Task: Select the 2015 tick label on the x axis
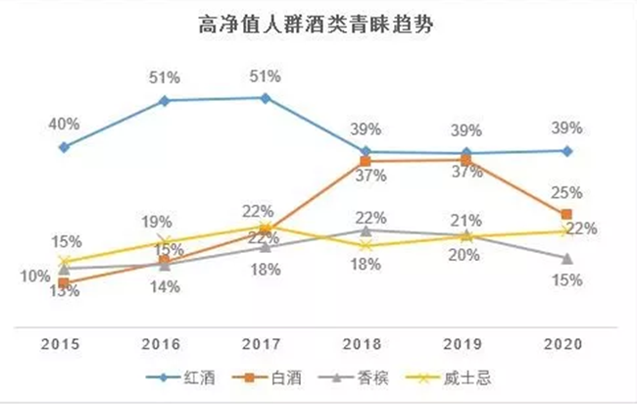pos(64,345)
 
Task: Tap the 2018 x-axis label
pos(365,345)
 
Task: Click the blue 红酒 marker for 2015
pos(64,147)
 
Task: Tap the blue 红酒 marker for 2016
pos(165,100)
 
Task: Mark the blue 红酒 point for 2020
pos(565,151)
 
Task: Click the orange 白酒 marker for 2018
pos(365,161)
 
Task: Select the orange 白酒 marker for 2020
pos(565,214)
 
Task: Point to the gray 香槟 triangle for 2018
pos(365,230)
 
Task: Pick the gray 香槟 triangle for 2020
pos(565,258)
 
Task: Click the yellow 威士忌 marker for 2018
pos(365,245)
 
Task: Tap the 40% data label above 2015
pos(64,124)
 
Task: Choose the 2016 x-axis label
pos(165,345)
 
